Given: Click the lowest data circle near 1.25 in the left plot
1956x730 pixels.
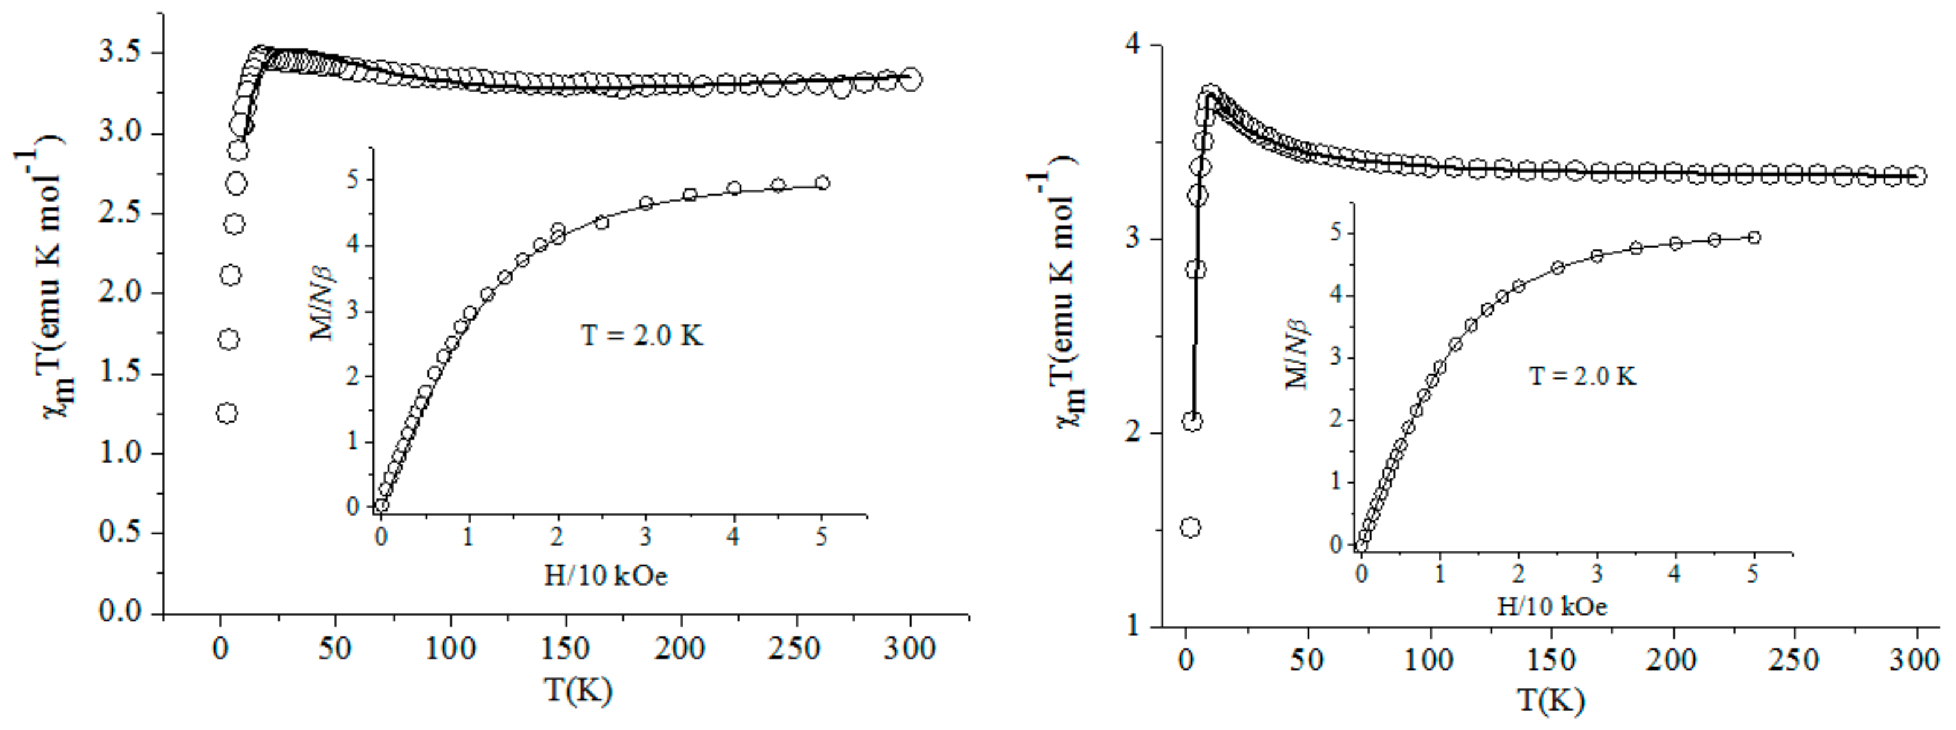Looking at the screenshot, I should point(226,413).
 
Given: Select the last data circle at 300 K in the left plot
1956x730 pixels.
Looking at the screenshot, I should point(911,79).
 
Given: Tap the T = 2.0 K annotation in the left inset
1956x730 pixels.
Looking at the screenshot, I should point(642,335).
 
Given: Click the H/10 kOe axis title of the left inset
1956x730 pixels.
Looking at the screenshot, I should point(605,576).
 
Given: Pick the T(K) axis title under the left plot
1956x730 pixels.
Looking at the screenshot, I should point(577,690).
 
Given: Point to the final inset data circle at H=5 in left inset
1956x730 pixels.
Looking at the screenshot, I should point(822,183).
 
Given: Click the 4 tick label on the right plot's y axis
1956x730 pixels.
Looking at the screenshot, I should point(1133,45).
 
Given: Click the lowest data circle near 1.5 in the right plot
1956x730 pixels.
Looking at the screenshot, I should point(1191,527).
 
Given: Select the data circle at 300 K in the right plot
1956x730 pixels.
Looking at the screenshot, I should point(1917,176).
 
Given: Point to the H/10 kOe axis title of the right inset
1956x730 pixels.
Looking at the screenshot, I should point(1552,606).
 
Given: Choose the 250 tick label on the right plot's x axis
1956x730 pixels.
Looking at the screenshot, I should point(1794,659).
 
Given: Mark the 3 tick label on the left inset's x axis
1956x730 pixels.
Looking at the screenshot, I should point(645,537).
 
